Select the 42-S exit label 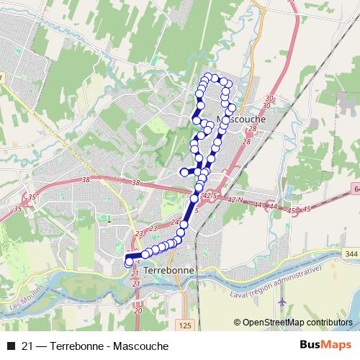click(209, 195)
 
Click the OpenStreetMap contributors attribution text click(299, 323)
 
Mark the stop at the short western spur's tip click(183, 171)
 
